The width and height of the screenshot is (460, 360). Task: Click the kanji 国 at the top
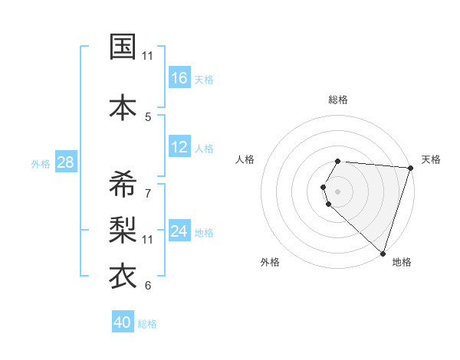(x=122, y=47)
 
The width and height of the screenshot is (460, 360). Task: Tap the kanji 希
(x=122, y=183)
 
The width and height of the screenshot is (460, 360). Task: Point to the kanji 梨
(x=122, y=228)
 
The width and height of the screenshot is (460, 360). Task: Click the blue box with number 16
(x=179, y=78)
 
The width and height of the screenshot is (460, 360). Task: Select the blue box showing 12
(x=179, y=148)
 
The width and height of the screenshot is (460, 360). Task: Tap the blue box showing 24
(x=179, y=232)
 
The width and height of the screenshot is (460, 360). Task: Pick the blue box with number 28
(x=65, y=162)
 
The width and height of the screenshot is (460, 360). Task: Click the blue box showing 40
(x=123, y=322)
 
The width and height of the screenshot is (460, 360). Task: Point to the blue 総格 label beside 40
(x=148, y=324)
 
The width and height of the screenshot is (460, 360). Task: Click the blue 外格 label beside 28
(x=41, y=163)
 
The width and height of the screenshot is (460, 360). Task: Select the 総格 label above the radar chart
(x=338, y=100)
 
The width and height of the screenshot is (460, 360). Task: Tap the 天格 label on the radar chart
(x=431, y=159)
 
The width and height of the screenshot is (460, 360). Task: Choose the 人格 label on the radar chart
(x=245, y=159)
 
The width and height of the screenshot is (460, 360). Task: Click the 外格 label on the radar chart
(x=270, y=262)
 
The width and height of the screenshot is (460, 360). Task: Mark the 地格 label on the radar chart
(x=402, y=262)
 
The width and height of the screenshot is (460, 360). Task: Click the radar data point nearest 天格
(x=410, y=168)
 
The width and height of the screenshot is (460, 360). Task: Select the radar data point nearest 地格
(x=383, y=252)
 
